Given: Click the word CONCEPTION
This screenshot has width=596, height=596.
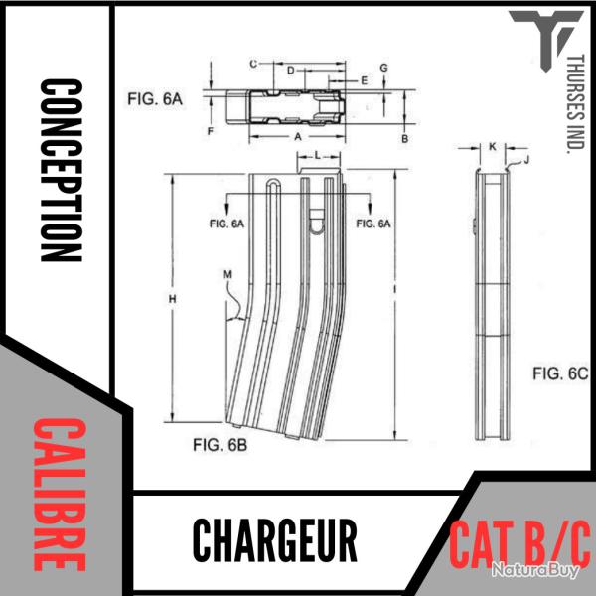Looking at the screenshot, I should tap(60, 170).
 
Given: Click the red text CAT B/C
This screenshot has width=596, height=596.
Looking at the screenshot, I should tap(520, 542).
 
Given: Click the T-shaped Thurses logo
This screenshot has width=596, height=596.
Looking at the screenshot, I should tap(536, 40).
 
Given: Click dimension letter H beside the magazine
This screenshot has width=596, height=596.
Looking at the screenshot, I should tap(172, 299).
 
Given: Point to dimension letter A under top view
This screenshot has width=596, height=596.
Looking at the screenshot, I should tap(298, 134).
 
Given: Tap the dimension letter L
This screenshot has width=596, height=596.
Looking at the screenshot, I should tap(316, 156).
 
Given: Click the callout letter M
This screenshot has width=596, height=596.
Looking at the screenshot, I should tap(227, 273).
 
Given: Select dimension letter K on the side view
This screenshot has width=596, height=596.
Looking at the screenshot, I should tap(493, 147).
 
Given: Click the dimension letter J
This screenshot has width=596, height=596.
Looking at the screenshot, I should tap(526, 159).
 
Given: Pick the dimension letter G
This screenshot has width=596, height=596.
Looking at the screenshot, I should tap(383, 67).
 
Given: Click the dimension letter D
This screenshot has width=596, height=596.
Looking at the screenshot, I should tap(289, 72).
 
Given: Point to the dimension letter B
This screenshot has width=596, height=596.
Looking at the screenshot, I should tap(404, 139).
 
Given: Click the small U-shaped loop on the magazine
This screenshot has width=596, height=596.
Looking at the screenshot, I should tap(316, 223).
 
